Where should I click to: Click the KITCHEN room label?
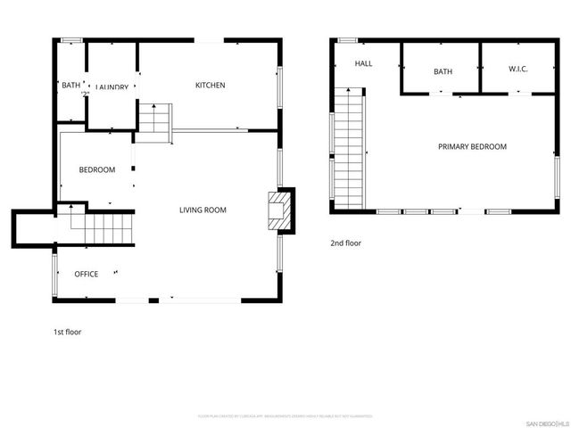[211, 86]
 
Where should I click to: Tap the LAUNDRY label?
[112, 87]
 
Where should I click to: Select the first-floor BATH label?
[70, 86]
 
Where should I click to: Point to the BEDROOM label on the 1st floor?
[96, 170]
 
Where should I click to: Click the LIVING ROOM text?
[203, 210]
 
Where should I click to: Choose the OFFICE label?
[86, 274]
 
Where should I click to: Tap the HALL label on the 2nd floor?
[363, 64]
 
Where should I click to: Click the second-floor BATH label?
[443, 71]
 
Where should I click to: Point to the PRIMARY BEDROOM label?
[472, 147]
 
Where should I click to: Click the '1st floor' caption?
[67, 332]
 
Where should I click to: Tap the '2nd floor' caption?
[346, 243]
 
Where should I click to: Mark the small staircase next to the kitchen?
[153, 121]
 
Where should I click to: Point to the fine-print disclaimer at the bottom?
[285, 416]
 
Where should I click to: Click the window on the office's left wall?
[55, 275]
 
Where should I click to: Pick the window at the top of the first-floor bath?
[72, 40]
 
